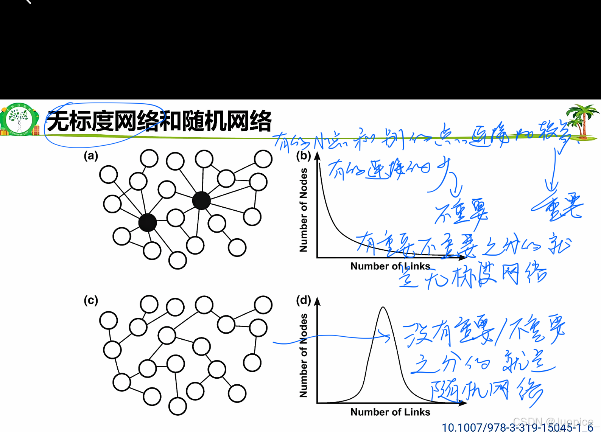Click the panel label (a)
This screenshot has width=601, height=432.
91,155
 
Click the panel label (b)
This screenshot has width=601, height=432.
303,155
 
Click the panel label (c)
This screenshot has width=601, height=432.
91,300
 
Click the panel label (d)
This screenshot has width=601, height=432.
303,300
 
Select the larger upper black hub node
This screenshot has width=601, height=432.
201,200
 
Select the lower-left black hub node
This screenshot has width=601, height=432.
147,222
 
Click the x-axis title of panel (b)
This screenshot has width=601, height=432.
390,266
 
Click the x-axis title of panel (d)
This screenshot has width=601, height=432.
390,412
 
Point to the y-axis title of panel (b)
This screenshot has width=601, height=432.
303,210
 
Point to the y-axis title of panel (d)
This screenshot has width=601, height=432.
303,356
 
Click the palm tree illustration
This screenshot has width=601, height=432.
582,120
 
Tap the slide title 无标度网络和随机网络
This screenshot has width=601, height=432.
159,121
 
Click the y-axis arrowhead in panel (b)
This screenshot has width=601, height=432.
318,156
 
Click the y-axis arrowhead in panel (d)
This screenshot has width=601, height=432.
318,301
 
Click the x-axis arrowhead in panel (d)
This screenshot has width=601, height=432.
463,403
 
